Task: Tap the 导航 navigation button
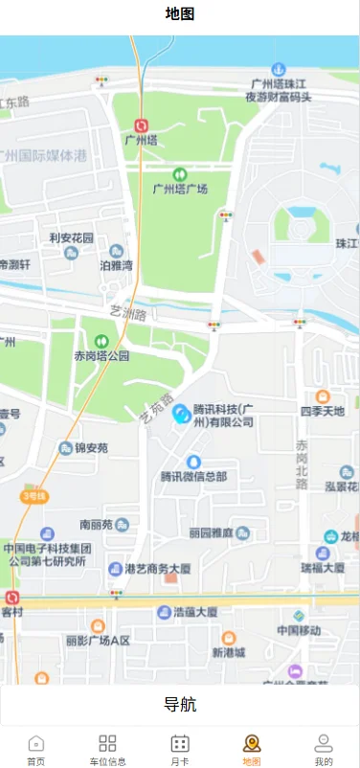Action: tap(180, 706)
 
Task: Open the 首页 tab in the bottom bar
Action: tap(36, 750)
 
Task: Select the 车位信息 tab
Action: tap(107, 750)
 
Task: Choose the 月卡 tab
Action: tap(180, 750)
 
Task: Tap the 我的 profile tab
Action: tap(324, 750)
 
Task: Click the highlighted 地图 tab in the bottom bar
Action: tap(252, 750)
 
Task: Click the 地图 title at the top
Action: tap(180, 14)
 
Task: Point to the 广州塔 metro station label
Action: tap(141, 140)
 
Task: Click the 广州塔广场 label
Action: tap(181, 189)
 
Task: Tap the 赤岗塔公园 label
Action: tap(101, 355)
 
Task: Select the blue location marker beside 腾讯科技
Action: tap(180, 414)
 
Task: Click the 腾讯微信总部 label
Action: tap(193, 476)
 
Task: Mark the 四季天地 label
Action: tap(323, 411)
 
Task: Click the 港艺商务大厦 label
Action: tap(158, 568)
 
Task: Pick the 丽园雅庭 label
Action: tap(213, 532)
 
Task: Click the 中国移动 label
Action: tap(299, 630)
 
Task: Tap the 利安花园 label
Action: tap(72, 237)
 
